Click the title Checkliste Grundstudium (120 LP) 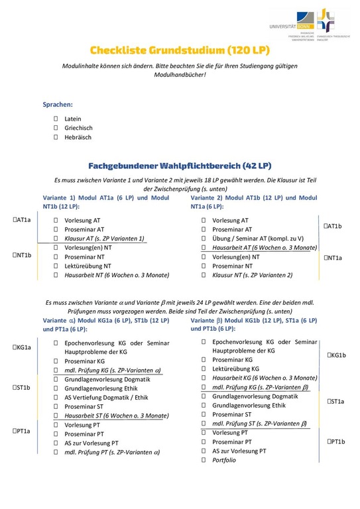(180, 50)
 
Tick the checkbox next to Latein (56, 119)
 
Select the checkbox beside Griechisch (56, 128)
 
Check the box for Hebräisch (56, 137)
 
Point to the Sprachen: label (58, 105)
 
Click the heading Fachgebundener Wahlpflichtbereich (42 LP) (180, 165)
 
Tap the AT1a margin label (23, 220)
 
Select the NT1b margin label (23, 254)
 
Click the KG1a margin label (23, 347)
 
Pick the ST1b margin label (23, 388)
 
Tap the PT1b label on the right (337, 441)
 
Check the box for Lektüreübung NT (56, 265)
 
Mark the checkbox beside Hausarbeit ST (56, 416)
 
